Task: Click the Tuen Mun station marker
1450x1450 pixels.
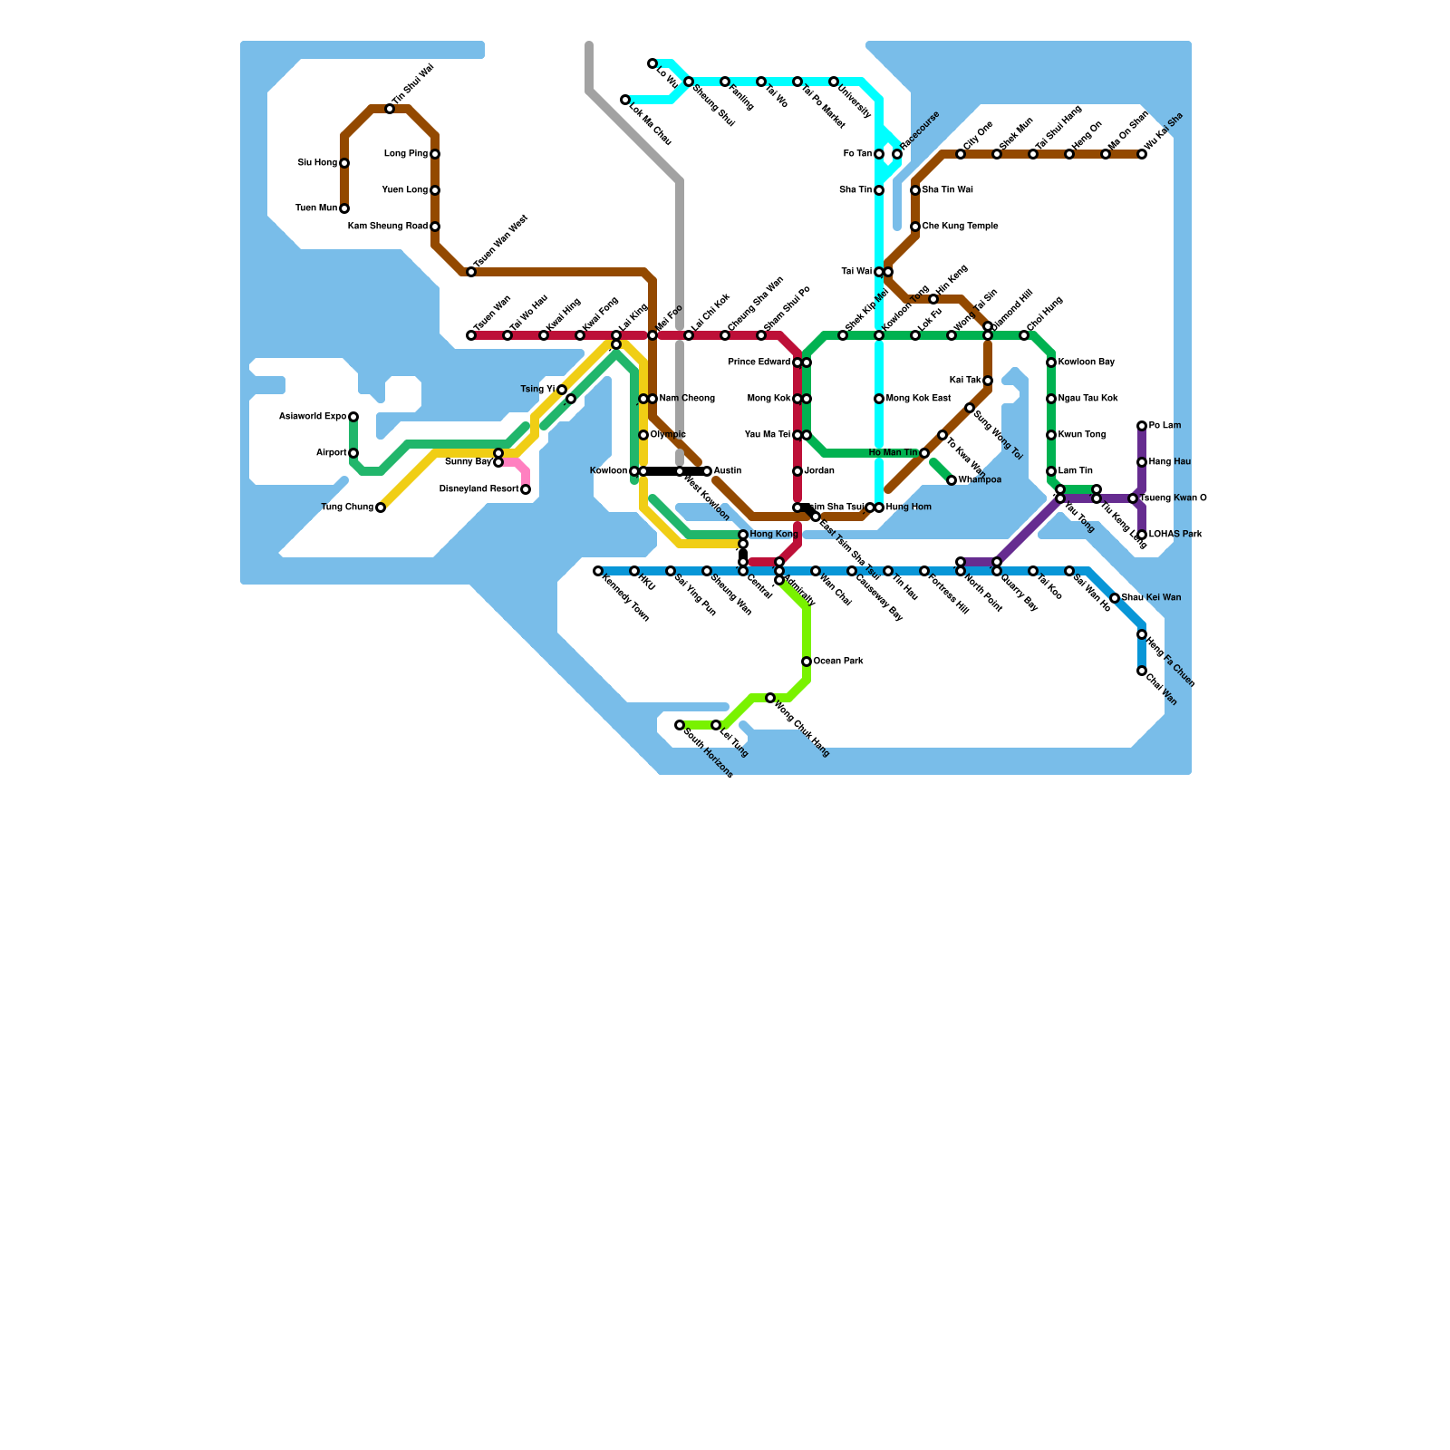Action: pyautogui.click(x=344, y=208)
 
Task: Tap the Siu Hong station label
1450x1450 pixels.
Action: pyautogui.click(x=317, y=163)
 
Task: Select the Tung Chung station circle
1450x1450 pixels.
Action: pyautogui.click(x=381, y=507)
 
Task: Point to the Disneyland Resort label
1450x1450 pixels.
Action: pyautogui.click(x=478, y=489)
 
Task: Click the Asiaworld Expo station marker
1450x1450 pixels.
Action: pyautogui.click(x=353, y=417)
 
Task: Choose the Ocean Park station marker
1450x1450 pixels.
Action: pyautogui.click(x=807, y=662)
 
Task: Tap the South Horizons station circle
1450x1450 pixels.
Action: pyautogui.click(x=680, y=725)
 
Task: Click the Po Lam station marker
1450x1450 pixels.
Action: pyautogui.click(x=1142, y=426)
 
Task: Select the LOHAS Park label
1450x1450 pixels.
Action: pyautogui.click(x=1175, y=535)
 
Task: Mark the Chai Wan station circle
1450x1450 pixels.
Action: pyautogui.click(x=1142, y=671)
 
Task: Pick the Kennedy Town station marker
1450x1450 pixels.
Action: pyautogui.click(x=598, y=571)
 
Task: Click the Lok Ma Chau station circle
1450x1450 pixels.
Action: pyautogui.click(x=625, y=100)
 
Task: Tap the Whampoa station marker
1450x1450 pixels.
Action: pyautogui.click(x=952, y=480)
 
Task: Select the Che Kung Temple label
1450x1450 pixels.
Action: pyautogui.click(x=960, y=227)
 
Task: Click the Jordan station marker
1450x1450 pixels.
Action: pyautogui.click(x=797, y=471)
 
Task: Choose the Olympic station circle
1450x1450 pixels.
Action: pyautogui.click(x=643, y=435)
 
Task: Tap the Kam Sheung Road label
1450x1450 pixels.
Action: pyautogui.click(x=387, y=227)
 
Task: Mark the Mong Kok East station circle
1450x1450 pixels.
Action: pyautogui.click(x=879, y=399)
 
